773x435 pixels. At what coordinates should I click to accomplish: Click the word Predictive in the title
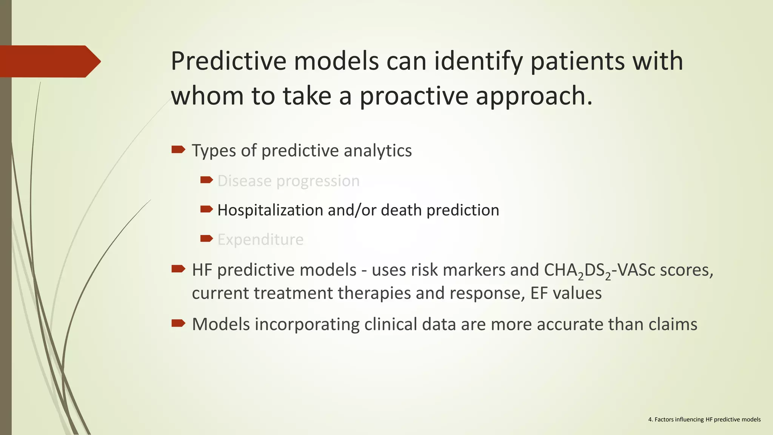point(228,61)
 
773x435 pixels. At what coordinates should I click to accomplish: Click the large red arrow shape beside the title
point(49,61)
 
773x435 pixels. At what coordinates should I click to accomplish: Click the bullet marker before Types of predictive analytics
point(178,150)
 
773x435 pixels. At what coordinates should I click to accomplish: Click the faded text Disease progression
point(288,181)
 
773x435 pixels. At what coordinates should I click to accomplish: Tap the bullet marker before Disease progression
point(206,180)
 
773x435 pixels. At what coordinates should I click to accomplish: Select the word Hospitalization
point(270,210)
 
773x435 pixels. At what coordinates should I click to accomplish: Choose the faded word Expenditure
point(260,239)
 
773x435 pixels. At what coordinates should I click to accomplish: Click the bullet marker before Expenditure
point(206,238)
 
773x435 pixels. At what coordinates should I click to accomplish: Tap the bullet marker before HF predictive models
point(178,269)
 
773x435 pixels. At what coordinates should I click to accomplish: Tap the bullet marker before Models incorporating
point(178,323)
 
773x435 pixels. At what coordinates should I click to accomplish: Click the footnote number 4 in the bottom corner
point(650,420)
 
